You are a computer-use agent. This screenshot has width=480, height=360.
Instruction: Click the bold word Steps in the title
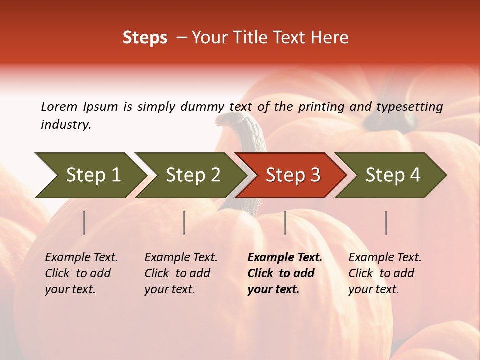(x=145, y=38)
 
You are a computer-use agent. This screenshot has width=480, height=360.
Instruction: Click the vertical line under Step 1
(x=84, y=223)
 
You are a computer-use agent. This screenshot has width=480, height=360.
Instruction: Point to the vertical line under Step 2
(x=184, y=223)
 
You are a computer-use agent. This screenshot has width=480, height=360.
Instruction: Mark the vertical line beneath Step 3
(x=285, y=223)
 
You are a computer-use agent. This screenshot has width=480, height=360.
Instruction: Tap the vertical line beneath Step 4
(x=386, y=223)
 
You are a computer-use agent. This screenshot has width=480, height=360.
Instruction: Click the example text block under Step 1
(x=81, y=273)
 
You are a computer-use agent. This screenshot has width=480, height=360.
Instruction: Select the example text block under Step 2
(x=181, y=273)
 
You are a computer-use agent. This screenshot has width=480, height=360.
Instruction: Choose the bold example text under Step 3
(x=284, y=273)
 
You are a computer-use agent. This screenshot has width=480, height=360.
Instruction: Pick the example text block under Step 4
(x=385, y=273)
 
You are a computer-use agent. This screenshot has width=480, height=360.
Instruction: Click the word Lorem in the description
(x=59, y=106)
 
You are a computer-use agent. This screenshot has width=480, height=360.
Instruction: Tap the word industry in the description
(x=65, y=125)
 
